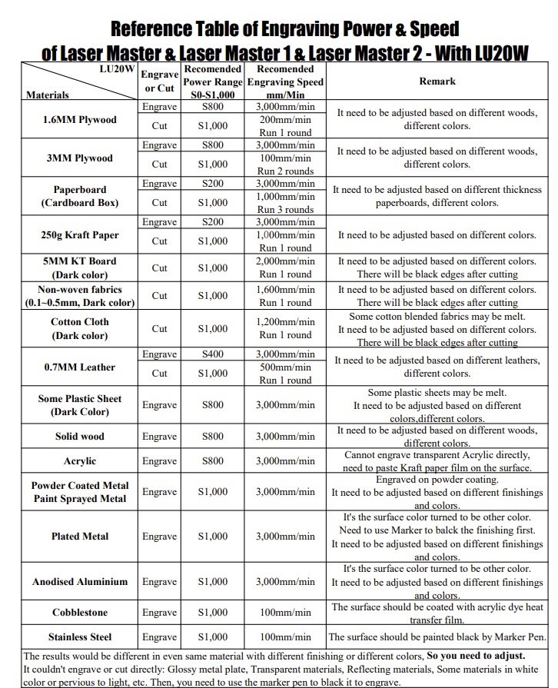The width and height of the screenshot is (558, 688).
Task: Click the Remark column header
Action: pos(437,81)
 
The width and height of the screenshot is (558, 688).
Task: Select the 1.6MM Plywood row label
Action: pos(80,120)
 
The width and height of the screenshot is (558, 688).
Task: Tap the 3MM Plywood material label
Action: pos(80,158)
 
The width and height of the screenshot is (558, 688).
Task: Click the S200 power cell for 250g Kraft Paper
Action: pos(213,222)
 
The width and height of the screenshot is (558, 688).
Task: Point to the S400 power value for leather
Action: pos(213,354)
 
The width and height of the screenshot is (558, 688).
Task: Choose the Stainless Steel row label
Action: pos(80,637)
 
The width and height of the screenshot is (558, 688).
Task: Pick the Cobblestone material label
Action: pos(80,613)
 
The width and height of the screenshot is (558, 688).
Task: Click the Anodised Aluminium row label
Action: pos(80,582)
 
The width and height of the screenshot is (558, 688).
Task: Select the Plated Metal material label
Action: pos(80,537)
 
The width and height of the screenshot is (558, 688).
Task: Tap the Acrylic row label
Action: pos(80,461)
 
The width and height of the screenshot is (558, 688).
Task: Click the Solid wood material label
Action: pos(80,437)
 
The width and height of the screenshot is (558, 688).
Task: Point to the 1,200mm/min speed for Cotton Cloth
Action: pos(285,322)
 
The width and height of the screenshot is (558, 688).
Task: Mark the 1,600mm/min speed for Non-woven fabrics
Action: pos(285,290)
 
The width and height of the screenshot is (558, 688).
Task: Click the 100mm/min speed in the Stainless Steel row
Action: pos(285,637)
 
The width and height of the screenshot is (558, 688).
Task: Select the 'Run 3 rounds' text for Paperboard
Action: pos(285,210)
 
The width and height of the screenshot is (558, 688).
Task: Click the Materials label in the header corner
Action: pos(48,95)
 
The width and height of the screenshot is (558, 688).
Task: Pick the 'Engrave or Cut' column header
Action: pos(160,81)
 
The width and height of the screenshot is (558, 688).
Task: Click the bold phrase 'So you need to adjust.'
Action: pos(476,656)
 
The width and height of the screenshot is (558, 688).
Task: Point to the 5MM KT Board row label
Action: pos(80,268)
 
